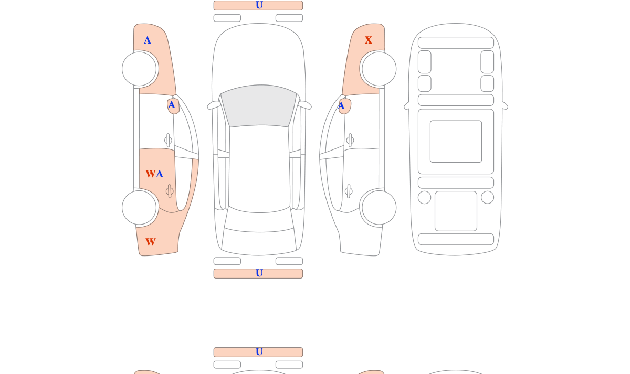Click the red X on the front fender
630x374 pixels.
(369, 40)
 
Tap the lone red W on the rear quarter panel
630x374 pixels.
(151, 242)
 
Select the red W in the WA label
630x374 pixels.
(151, 174)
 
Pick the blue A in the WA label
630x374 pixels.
(160, 174)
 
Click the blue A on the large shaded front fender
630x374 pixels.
(148, 40)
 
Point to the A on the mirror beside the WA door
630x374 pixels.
(172, 105)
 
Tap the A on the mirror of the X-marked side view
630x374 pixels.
(341, 106)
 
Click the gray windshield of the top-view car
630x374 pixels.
(259, 105)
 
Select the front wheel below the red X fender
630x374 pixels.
(379, 69)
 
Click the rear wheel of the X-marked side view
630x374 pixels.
(379, 208)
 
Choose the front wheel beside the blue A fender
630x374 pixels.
(139, 69)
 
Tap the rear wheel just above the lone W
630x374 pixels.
(139, 208)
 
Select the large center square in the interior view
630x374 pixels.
(456, 141)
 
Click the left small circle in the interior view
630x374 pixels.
(424, 197)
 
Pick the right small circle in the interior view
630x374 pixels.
(487, 197)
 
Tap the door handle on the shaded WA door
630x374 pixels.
(170, 191)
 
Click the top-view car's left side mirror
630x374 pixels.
(214, 105)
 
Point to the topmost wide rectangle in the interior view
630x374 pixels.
(456, 42)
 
